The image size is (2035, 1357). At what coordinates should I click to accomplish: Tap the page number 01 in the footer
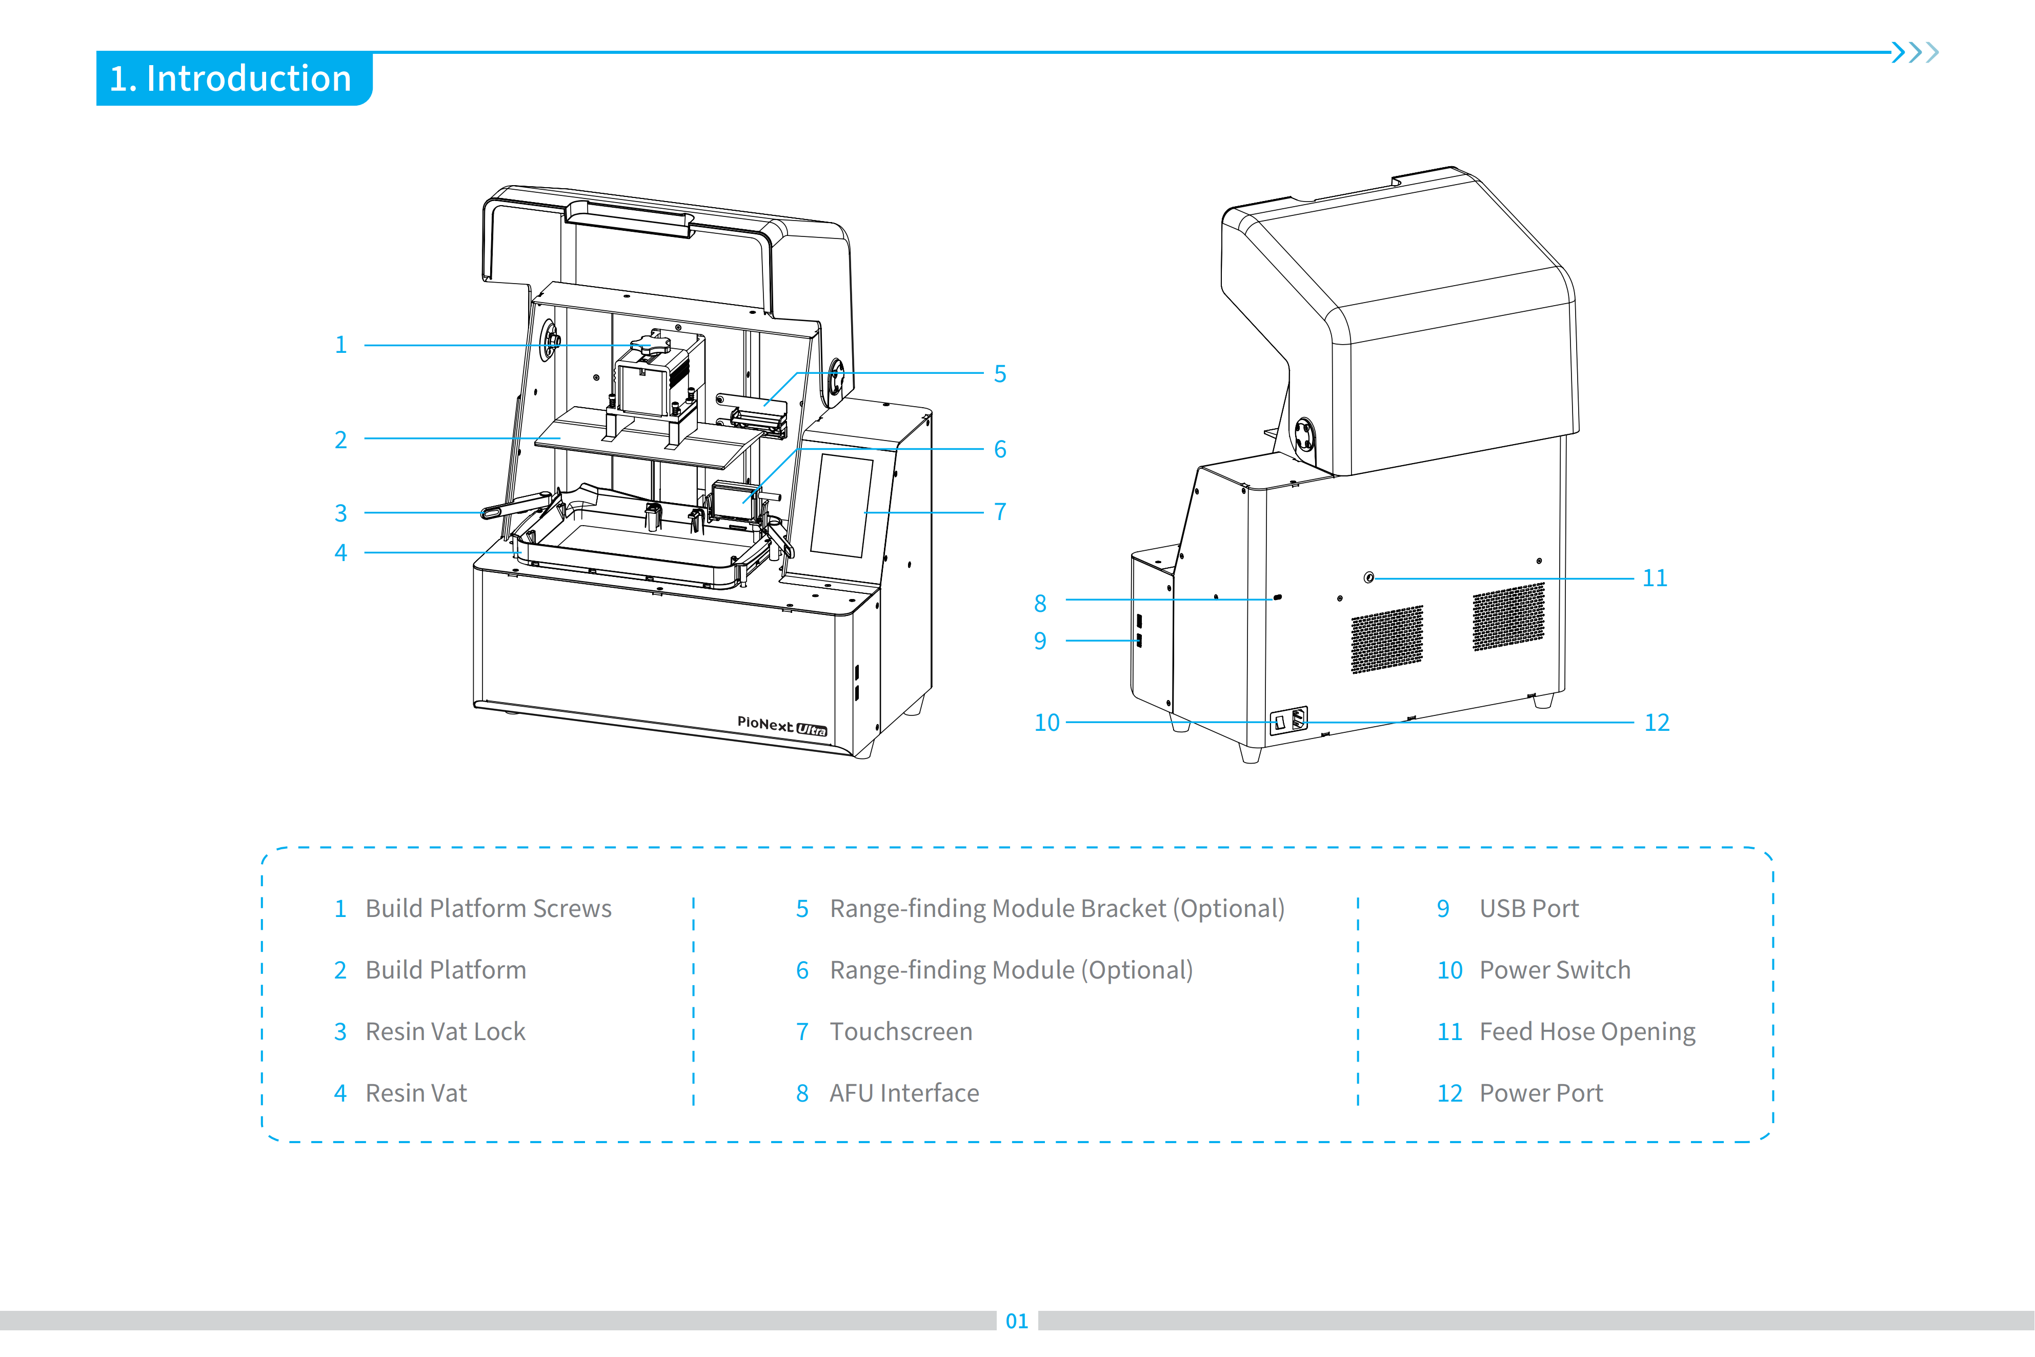click(1017, 1321)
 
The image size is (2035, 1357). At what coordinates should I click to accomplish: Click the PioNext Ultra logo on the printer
click(781, 725)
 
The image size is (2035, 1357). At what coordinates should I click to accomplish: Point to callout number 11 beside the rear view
click(1654, 577)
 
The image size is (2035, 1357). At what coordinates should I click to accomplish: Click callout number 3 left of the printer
click(341, 513)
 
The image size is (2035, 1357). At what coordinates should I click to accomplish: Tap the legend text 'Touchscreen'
click(901, 1032)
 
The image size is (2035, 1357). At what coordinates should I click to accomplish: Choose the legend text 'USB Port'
click(1529, 909)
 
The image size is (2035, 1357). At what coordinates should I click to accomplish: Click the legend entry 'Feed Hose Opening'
click(1587, 1032)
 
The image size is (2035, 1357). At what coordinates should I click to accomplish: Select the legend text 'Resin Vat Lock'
click(446, 1032)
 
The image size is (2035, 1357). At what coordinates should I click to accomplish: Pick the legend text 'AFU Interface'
click(904, 1093)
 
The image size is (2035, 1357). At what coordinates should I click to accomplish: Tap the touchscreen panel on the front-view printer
click(841, 506)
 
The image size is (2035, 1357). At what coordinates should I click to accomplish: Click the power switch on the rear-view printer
click(1280, 722)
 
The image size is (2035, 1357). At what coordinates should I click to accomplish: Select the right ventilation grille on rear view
click(1508, 616)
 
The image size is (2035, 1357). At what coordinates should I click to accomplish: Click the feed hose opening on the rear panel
click(1369, 577)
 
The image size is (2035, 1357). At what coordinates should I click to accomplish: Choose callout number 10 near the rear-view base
click(1047, 723)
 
